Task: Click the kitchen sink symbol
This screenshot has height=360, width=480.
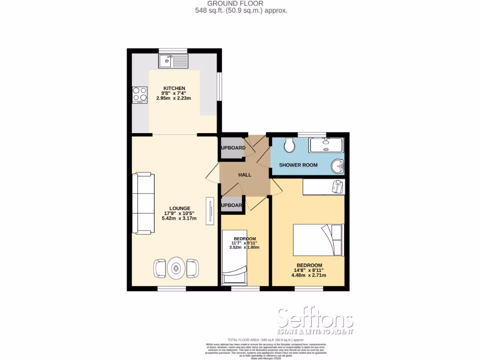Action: pos(173,60)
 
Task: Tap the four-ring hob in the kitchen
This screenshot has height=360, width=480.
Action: pos(140,95)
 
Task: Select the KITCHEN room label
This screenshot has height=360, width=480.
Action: pos(174,88)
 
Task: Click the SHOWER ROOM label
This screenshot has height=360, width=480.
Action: pos(298,165)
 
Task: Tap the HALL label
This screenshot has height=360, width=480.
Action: pos(245,175)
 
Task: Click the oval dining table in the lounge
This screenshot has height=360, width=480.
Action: pos(176,269)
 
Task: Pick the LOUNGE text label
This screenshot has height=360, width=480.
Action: pos(180,208)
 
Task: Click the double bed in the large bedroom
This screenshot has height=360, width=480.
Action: pos(318,240)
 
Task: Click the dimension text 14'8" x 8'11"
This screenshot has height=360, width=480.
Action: pos(308,270)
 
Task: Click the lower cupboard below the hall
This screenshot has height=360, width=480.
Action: pos(232,205)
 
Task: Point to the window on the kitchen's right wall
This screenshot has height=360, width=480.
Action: pos(219,86)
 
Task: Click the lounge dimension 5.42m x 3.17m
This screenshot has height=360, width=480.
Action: pos(180,218)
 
